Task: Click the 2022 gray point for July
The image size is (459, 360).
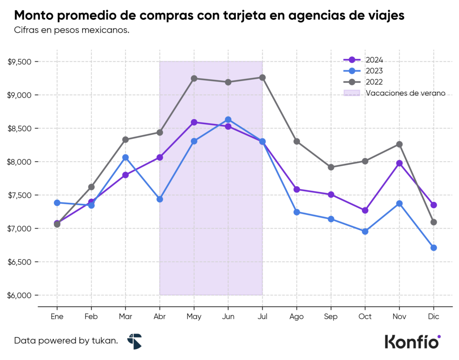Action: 263,77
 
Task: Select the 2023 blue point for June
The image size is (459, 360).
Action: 228,120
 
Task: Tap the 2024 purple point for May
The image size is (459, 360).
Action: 194,122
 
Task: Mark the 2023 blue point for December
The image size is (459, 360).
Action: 433,248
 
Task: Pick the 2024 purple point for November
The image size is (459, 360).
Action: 399,163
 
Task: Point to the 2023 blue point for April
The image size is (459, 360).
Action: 160,199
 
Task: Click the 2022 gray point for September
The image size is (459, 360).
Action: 331,167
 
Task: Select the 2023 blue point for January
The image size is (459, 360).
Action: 57,203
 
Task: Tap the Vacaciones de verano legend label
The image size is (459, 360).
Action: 405,93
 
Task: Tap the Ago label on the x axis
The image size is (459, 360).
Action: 297,317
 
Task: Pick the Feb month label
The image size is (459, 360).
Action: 91,317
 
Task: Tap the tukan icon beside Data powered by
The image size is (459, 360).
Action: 134,341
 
